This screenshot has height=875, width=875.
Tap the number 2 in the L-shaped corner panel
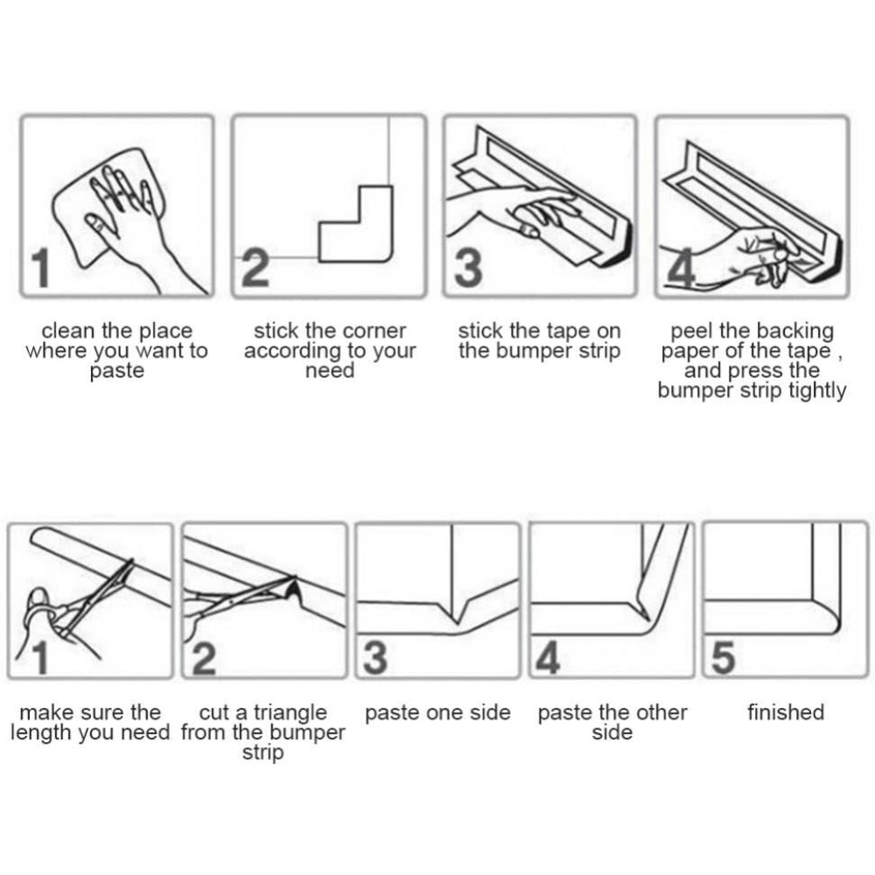click(x=255, y=268)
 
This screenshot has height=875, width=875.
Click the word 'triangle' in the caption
click(x=290, y=713)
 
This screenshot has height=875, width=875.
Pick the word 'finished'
click(x=786, y=712)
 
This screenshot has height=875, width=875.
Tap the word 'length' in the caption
click(x=42, y=732)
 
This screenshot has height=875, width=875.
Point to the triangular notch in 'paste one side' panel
click(x=457, y=612)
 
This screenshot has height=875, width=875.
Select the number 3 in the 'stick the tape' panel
click(x=468, y=268)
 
